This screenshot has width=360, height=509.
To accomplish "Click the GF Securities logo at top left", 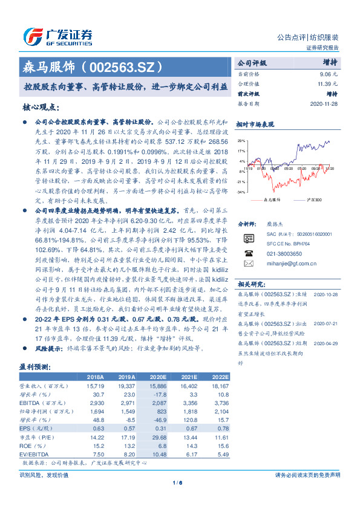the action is [57, 34].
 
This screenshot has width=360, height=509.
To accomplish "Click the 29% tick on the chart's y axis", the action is [241, 140].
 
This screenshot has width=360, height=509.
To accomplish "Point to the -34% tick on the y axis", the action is [240, 192].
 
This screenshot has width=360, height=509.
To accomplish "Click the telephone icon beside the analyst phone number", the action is [247, 254].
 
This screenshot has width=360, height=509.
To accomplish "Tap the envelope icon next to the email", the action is [247, 264].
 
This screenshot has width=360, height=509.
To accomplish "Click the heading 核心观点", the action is [41, 107].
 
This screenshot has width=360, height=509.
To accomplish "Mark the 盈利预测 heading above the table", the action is [35, 367].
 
